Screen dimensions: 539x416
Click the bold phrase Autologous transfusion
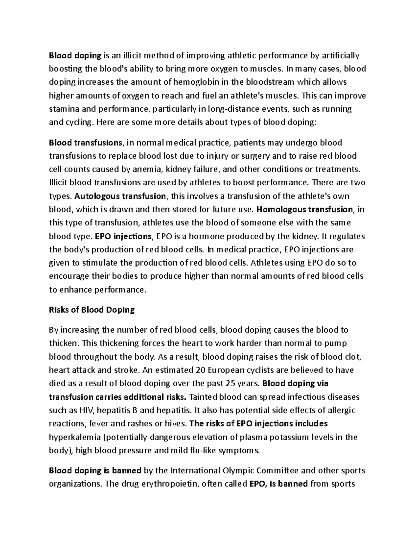(120, 196)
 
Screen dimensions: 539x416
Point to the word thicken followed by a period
(63, 343)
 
